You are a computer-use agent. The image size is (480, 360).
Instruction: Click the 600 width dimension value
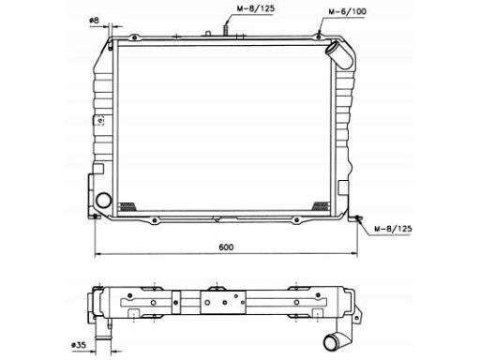pos(226,247)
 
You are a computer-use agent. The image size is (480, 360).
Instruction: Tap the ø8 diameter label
pos(94,21)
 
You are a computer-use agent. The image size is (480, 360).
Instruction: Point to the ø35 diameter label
pos(78,345)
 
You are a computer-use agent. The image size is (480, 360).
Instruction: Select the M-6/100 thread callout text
pos(347,11)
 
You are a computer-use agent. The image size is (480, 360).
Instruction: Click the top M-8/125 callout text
pos(256,8)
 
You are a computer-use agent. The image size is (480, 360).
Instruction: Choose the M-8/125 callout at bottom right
pos(393,229)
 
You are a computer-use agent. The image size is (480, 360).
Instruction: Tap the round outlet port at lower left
pos(103,201)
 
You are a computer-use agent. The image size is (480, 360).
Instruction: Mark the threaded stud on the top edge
pos(225,29)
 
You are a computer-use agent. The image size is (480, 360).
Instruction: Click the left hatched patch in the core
pos(127,206)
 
